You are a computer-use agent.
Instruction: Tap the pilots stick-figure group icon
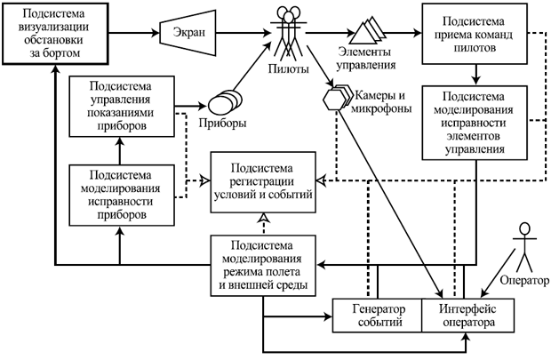[x=291, y=31]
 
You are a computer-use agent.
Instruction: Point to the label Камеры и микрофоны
[x=382, y=101]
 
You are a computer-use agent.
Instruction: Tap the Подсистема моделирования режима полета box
[x=263, y=265]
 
